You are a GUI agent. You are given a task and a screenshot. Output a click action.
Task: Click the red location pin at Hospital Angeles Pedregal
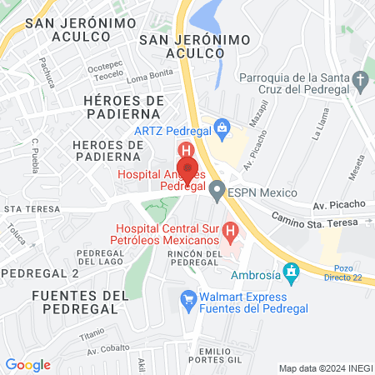[187, 168]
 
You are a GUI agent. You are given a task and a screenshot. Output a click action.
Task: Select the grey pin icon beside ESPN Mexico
[217, 192]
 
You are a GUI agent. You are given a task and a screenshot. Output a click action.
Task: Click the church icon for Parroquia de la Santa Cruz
[361, 82]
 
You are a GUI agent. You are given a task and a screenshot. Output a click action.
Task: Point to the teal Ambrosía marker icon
[291, 272]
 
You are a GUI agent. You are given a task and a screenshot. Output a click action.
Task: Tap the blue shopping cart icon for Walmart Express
[189, 297]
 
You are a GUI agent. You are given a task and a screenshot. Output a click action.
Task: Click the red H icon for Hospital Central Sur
[229, 227]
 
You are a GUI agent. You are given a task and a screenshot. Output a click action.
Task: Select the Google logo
[27, 365]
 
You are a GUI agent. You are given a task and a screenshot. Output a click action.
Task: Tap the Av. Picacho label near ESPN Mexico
[338, 203]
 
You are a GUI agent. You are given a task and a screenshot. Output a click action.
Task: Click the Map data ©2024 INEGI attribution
[325, 367]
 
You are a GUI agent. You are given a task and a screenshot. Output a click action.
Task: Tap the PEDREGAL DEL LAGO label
[100, 257]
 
